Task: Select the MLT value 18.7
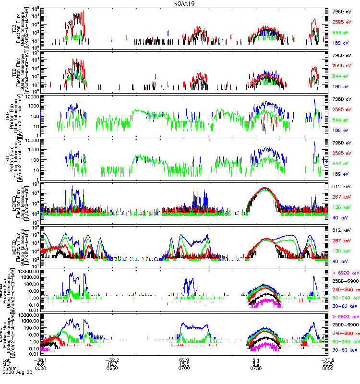(112, 364)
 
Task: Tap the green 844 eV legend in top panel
(342, 33)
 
